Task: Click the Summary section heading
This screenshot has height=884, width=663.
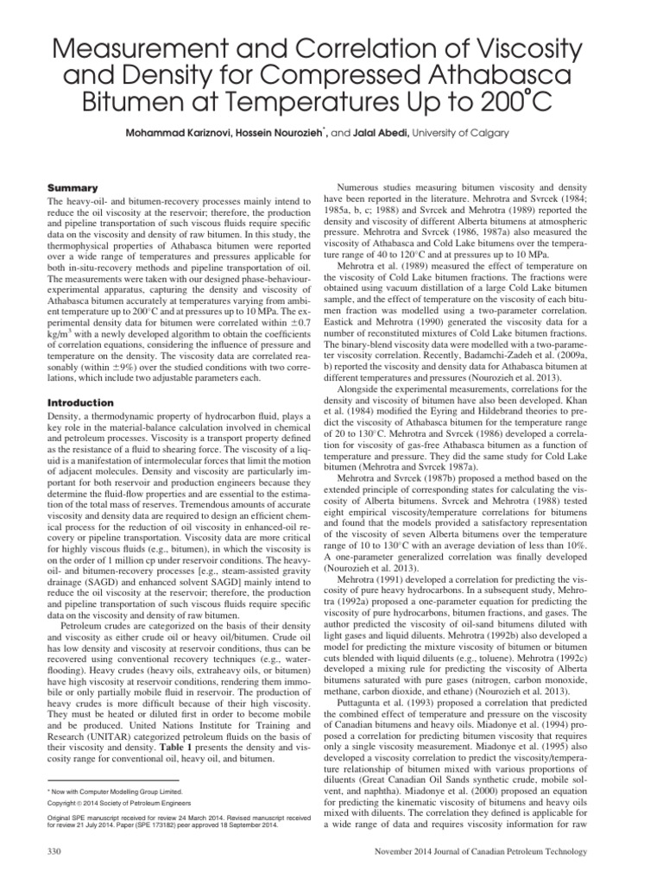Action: click(x=71, y=187)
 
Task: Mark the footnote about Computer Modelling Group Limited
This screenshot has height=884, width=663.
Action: click(x=121, y=791)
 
